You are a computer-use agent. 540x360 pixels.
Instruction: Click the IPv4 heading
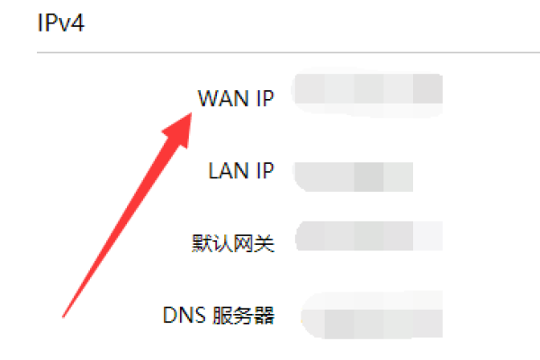(x=60, y=22)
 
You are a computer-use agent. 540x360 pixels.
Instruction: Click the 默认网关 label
(x=232, y=242)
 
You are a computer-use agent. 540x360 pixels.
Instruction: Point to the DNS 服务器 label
(x=218, y=315)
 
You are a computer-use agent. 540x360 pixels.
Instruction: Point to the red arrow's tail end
(x=65, y=315)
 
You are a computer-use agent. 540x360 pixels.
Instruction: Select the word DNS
(x=184, y=315)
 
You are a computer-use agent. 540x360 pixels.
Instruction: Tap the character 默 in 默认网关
(x=201, y=242)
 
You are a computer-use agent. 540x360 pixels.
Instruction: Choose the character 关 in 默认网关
(x=265, y=242)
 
